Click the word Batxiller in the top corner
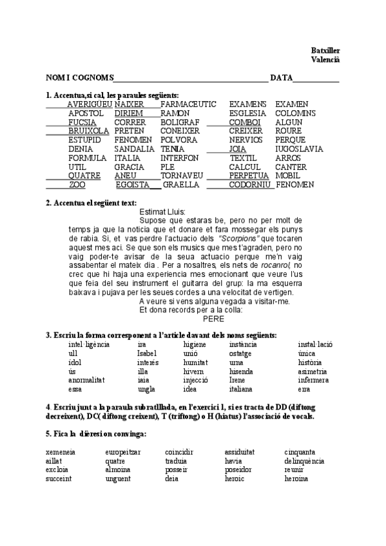click(x=325, y=50)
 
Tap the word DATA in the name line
click(x=281, y=78)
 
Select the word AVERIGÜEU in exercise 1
click(x=90, y=104)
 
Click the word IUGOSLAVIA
click(x=299, y=149)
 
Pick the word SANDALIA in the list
click(x=133, y=149)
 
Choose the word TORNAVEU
click(x=182, y=175)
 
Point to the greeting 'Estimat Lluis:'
click(x=162, y=211)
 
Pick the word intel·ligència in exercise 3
click(x=89, y=344)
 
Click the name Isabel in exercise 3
click(x=147, y=353)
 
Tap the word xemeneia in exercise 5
click(x=61, y=452)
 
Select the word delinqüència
click(x=304, y=461)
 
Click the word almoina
click(x=118, y=470)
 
